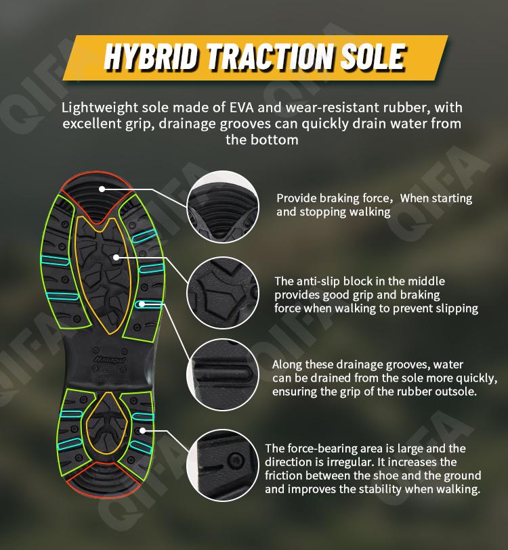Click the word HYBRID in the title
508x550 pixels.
(150, 58)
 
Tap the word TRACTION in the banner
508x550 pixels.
(270, 58)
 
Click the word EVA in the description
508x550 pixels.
(241, 108)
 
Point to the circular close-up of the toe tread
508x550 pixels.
(223, 207)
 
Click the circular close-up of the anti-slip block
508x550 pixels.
(223, 293)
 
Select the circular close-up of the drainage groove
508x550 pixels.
(223, 375)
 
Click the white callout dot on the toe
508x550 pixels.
(102, 189)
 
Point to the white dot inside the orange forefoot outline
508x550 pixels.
(116, 258)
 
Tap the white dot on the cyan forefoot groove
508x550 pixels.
(142, 304)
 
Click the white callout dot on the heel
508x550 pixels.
(142, 430)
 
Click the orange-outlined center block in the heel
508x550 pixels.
(107, 425)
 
